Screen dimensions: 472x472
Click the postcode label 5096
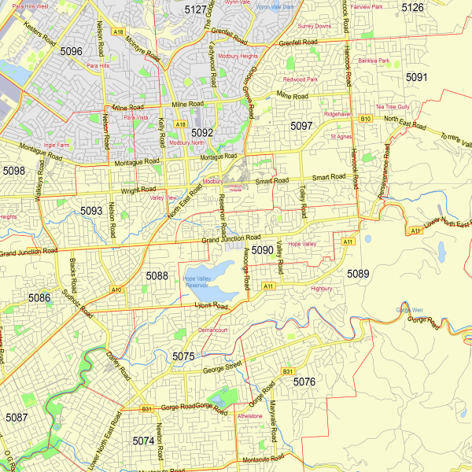[71, 52]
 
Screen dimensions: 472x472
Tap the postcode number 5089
[358, 273]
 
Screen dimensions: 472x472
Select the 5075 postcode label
[183, 357]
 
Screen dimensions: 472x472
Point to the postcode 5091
[417, 77]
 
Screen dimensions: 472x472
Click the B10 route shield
[365, 119]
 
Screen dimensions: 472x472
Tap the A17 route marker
[414, 231]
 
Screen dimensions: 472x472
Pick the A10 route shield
[116, 290]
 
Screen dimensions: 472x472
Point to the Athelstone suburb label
[249, 416]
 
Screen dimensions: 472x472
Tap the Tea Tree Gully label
[393, 106]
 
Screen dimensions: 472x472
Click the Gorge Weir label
[404, 310]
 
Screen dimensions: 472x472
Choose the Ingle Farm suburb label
[57, 145]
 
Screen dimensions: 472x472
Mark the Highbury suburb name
[322, 289]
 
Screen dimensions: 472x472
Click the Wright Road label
[135, 190]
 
